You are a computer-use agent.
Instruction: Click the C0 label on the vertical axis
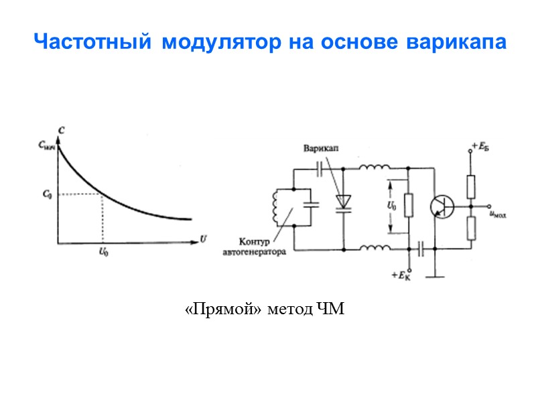point(47,194)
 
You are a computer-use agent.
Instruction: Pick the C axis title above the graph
point(62,131)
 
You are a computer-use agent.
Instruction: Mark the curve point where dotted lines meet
point(102,195)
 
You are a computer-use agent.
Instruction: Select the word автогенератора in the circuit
point(255,253)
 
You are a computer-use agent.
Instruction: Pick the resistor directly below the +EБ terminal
point(471,186)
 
